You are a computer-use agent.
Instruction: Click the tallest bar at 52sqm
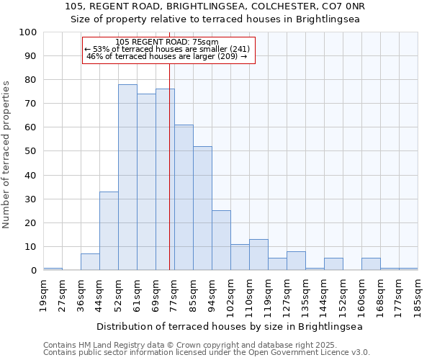pyautogui.click(x=127, y=177)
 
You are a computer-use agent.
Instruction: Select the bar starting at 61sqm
pyautogui.click(x=146, y=182)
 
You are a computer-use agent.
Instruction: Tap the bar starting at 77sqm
pyautogui.click(x=184, y=197)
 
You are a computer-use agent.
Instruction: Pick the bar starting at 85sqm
pyautogui.click(x=202, y=208)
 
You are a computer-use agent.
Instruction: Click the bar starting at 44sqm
pyautogui.click(x=109, y=230)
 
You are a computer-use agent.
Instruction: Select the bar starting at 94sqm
pyautogui.click(x=221, y=240)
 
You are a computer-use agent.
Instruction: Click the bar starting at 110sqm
pyautogui.click(x=258, y=255)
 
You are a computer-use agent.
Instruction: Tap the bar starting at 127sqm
pyautogui.click(x=296, y=261)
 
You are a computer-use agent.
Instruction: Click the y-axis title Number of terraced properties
pyautogui.click(x=6, y=154)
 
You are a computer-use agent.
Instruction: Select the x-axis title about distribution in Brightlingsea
pyautogui.click(x=230, y=326)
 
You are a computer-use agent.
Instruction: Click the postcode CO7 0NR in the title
pyautogui.click(x=346, y=6)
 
